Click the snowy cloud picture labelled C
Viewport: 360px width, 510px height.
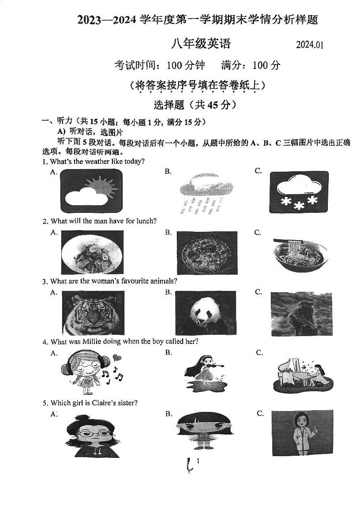(x=298, y=192)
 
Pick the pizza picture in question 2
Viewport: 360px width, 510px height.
(x=206, y=252)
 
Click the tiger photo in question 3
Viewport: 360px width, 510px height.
(x=92, y=313)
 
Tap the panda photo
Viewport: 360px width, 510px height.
(x=205, y=313)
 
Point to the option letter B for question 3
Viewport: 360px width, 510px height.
(x=168, y=292)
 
